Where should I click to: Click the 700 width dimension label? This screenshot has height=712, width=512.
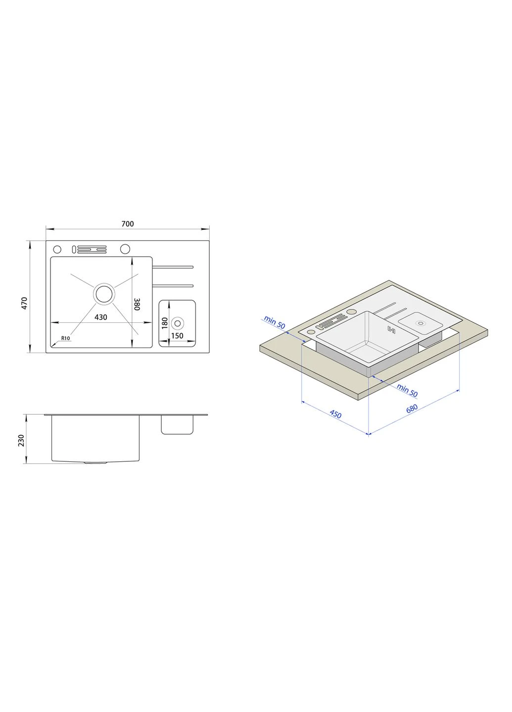(x=128, y=224)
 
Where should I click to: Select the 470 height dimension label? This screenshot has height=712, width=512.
(x=25, y=303)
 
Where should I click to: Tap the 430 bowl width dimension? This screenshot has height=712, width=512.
(x=101, y=317)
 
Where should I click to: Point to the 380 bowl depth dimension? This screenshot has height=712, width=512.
(x=137, y=304)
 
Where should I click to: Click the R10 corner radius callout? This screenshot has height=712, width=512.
(x=65, y=338)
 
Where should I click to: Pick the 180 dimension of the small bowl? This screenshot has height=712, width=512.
(x=164, y=323)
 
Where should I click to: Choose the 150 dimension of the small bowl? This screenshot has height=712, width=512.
(x=177, y=336)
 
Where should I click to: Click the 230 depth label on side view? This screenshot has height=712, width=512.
(x=21, y=441)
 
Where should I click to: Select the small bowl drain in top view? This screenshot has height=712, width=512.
(x=178, y=323)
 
